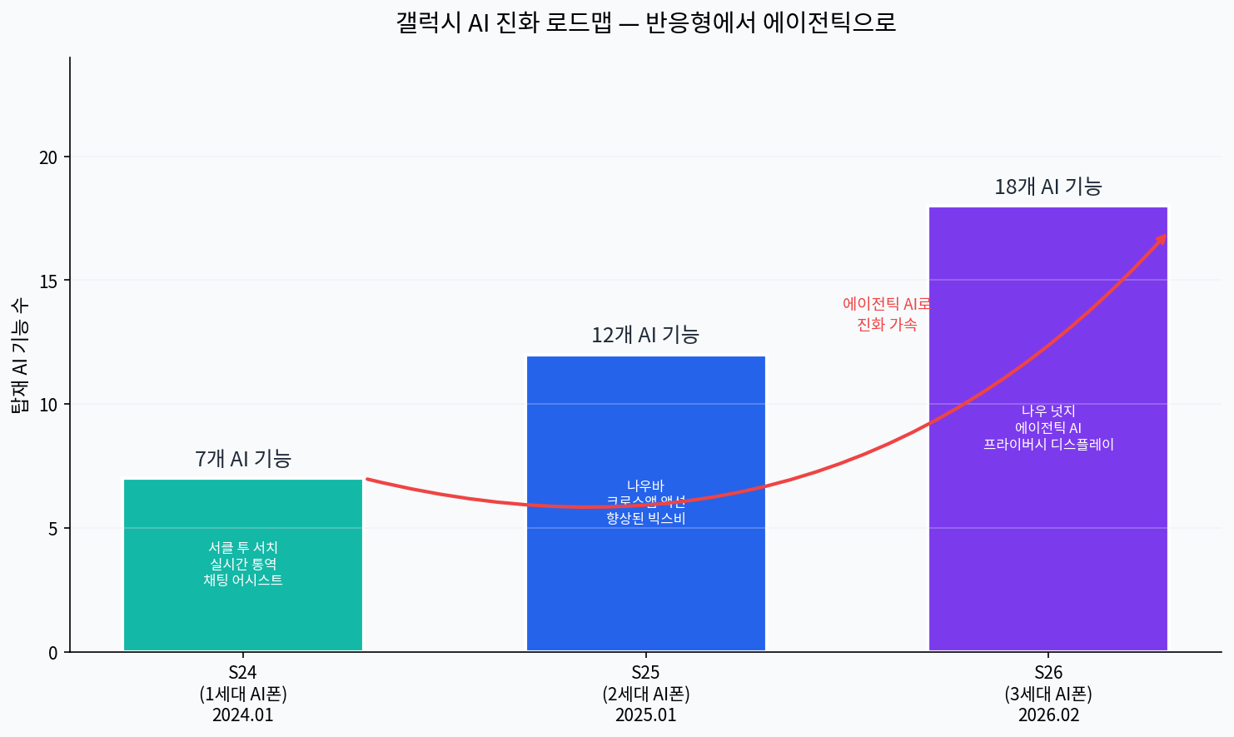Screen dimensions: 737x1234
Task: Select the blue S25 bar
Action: tap(646, 583)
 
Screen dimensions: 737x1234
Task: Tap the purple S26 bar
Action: tap(1048, 541)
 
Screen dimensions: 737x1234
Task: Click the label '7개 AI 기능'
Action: tap(243, 459)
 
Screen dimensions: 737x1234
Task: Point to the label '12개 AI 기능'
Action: tap(645, 335)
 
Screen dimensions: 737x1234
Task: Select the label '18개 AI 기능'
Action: tap(1048, 187)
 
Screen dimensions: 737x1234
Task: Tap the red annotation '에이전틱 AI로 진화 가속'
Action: tap(887, 314)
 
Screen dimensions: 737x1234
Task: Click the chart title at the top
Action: tap(646, 22)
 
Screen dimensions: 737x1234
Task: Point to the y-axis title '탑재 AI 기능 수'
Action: tap(20, 355)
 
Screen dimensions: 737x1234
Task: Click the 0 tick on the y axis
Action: tap(53, 653)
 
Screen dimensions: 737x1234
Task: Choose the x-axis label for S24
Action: tap(243, 694)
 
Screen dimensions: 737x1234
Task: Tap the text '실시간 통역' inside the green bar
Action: tap(243, 564)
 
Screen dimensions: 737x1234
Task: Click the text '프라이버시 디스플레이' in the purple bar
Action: tap(1048, 445)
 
